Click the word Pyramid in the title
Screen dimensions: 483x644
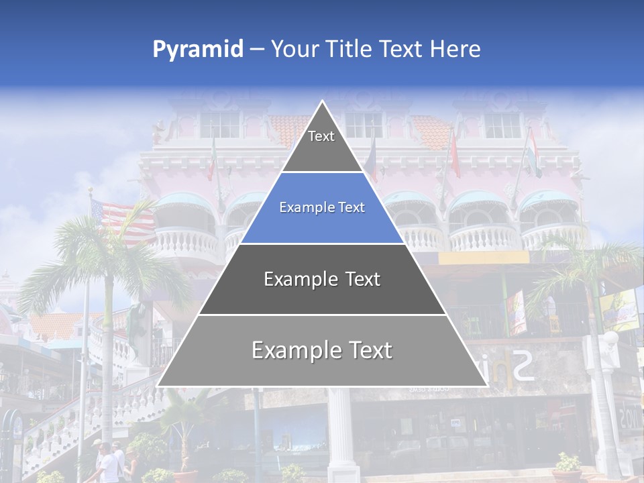pos(198,50)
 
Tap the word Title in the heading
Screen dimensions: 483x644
pos(352,49)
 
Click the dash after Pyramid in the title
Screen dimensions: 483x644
pos(256,50)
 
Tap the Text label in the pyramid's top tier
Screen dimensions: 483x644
pos(321,136)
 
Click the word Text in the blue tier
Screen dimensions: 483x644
pos(353,208)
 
